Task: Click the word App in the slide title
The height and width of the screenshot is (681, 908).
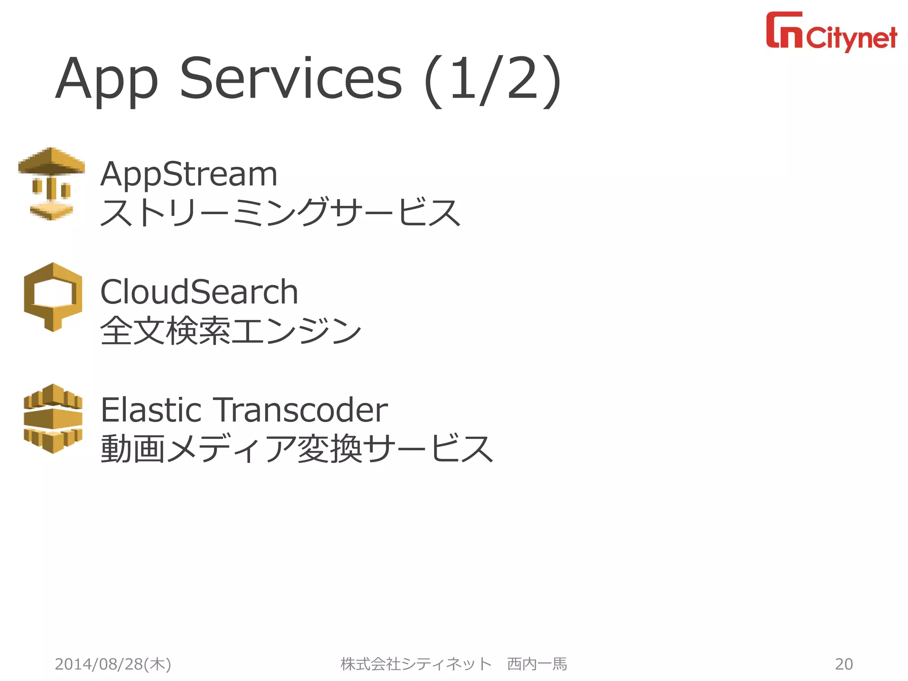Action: coord(106,80)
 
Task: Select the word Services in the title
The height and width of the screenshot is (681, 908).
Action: coord(291,79)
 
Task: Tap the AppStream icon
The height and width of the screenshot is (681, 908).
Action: coord(52,184)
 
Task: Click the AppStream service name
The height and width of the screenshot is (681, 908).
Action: coord(189,174)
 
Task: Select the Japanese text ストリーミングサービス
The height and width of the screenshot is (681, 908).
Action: coord(280,212)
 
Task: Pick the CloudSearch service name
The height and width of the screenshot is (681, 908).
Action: coord(199,292)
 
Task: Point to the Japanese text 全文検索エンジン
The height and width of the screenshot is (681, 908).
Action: coord(231,331)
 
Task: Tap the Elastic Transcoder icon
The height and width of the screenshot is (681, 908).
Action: coord(53,419)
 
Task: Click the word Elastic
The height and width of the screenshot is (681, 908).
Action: coord(151,410)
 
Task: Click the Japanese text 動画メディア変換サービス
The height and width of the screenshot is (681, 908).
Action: coord(297,449)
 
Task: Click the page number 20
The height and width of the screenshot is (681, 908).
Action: coord(844,664)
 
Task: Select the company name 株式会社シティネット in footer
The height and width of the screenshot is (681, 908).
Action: coord(416,664)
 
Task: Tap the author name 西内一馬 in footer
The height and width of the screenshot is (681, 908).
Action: coord(537,664)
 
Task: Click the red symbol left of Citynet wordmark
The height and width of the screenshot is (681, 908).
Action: coord(784,30)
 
